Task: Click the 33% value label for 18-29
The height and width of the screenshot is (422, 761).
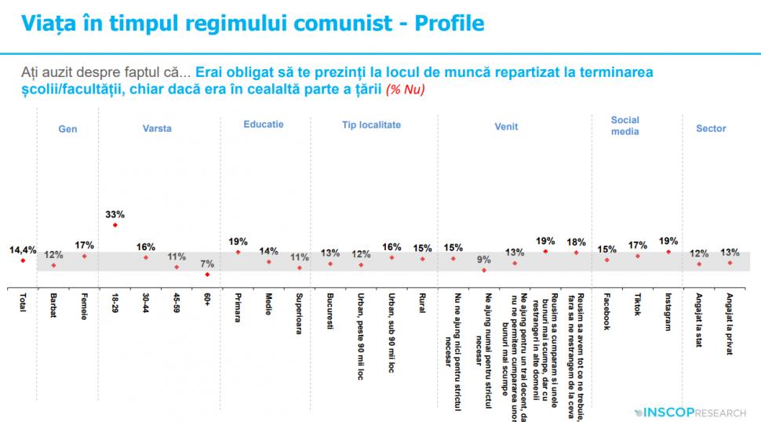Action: [x=115, y=213]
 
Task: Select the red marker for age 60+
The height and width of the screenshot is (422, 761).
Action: [x=207, y=275]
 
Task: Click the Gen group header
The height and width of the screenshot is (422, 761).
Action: [x=68, y=129]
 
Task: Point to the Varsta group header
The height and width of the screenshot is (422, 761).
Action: [x=157, y=129]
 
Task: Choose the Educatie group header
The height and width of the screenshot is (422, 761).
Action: [x=264, y=125]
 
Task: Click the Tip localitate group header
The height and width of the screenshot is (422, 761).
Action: [x=371, y=125]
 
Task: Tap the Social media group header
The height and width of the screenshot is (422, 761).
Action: [x=625, y=126]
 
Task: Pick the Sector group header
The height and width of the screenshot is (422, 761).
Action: [x=711, y=129]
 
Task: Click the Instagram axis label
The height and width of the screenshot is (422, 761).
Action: [x=668, y=311]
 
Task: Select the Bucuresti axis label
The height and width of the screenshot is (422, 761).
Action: [x=330, y=310]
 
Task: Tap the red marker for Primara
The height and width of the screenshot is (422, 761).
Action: [x=238, y=252]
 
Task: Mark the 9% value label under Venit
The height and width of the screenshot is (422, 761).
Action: [x=484, y=260]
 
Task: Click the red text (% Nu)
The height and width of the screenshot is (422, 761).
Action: [x=404, y=90]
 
